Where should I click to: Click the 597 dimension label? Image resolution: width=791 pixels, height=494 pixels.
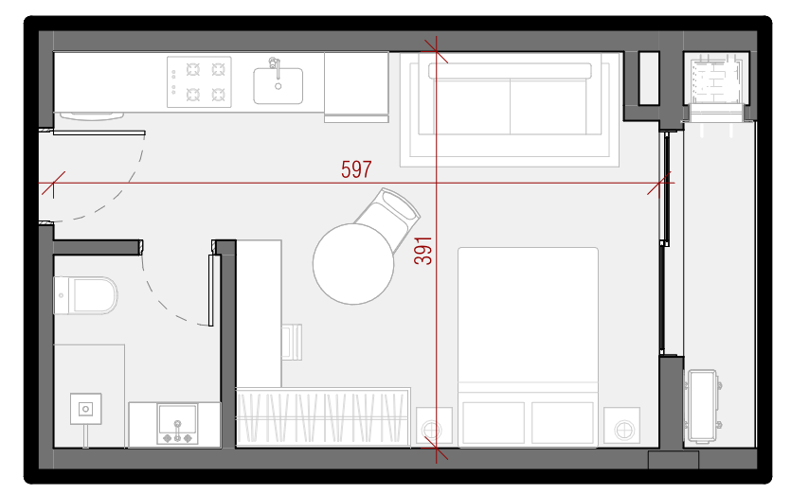point(356,169)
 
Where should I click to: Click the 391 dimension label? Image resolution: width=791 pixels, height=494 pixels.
point(422,251)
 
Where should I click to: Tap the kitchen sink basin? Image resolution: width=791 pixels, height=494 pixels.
point(278,86)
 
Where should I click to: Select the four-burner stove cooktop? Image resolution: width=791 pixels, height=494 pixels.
point(199,81)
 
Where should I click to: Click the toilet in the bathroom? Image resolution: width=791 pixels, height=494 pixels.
point(85,295)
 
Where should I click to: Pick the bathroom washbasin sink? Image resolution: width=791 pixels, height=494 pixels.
point(177,424)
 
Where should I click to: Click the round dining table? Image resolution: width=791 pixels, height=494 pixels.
point(353,264)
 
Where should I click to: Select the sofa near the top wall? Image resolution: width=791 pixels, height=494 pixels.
point(510,96)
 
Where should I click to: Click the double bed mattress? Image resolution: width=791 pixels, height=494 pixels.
point(528,346)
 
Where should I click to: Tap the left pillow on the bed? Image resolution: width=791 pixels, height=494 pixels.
point(494,423)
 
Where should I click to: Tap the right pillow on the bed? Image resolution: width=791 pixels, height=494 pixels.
point(563,423)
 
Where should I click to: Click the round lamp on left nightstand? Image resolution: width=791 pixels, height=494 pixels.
point(431,431)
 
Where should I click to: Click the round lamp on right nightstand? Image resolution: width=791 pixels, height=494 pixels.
point(624,431)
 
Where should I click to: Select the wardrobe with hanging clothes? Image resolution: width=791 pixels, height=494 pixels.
point(323,417)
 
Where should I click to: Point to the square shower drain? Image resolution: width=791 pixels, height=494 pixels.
point(86,409)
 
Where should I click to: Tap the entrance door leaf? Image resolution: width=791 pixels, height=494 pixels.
point(99,133)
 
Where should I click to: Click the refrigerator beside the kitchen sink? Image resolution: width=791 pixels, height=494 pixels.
point(356,87)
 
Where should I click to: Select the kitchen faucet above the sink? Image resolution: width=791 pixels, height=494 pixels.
point(275,67)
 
